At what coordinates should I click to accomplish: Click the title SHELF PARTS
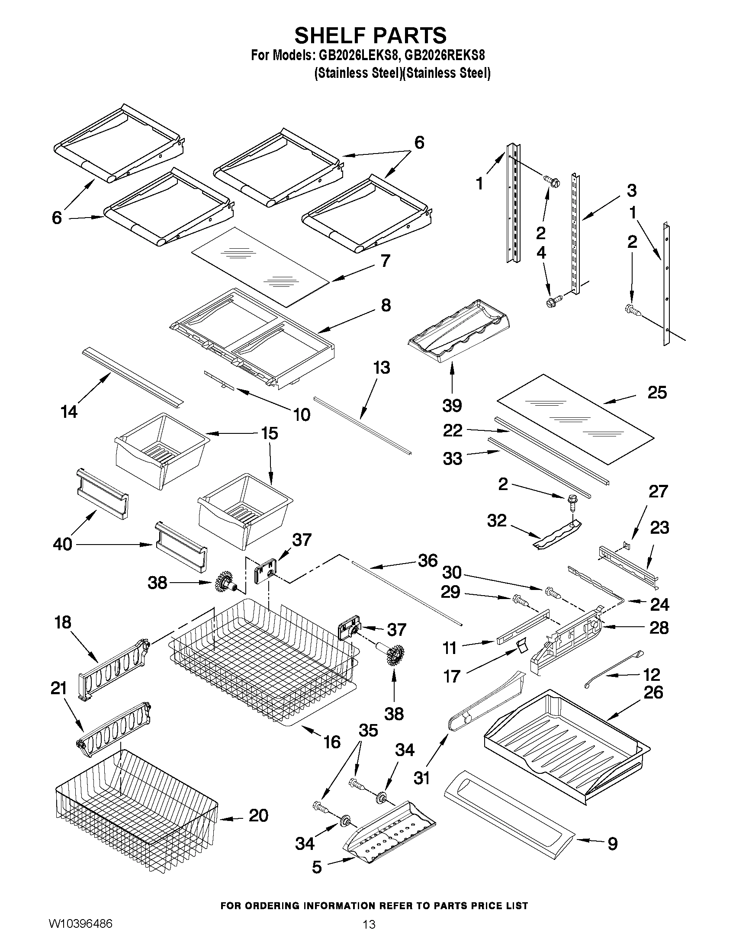tap(370, 35)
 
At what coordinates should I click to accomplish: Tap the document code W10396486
tap(80, 923)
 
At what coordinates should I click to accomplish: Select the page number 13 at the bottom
tap(369, 925)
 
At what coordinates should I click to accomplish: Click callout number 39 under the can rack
tap(452, 406)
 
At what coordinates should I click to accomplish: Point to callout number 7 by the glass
tap(385, 261)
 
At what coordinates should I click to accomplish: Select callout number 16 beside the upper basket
tap(332, 741)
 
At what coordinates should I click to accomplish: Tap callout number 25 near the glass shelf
tap(657, 393)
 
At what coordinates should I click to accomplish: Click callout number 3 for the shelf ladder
tap(631, 190)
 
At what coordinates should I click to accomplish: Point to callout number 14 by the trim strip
tap(69, 411)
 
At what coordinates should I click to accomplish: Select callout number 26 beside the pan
tap(653, 692)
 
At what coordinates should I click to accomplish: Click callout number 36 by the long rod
tap(427, 561)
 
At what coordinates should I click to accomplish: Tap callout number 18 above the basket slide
tap(63, 622)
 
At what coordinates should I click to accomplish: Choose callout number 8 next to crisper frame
tap(386, 305)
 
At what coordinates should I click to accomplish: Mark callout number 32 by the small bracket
tap(497, 520)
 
